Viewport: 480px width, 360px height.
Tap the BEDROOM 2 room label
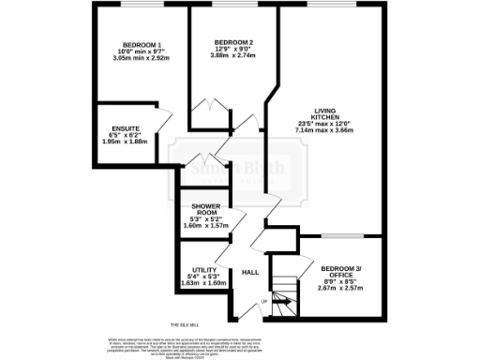click(232, 42)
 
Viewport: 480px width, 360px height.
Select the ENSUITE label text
click(126, 127)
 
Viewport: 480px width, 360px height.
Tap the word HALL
click(250, 272)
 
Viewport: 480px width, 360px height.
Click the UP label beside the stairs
click(263, 302)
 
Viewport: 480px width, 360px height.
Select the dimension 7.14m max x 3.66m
click(323, 130)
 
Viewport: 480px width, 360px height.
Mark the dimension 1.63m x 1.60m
click(203, 283)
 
